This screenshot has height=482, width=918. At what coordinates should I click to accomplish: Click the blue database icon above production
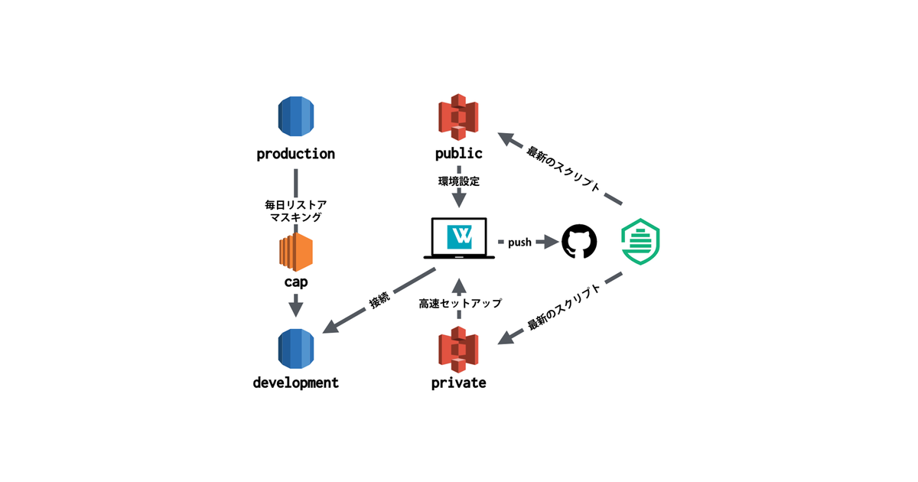(x=296, y=117)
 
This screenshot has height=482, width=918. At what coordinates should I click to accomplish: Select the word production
(x=296, y=154)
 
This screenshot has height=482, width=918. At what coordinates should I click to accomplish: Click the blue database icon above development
(x=296, y=349)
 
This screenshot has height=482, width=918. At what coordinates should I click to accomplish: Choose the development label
(x=296, y=383)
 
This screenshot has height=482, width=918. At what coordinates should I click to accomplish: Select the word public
(x=458, y=154)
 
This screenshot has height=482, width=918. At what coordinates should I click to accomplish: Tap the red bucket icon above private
(x=458, y=349)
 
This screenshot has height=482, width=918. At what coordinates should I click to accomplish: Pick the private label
(x=458, y=383)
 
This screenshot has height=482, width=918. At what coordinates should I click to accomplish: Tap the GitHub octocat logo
(x=579, y=242)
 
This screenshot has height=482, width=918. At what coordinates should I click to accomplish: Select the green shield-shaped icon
(x=640, y=242)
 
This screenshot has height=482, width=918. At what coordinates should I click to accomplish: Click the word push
(x=519, y=243)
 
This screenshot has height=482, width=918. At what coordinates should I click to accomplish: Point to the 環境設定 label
(x=458, y=182)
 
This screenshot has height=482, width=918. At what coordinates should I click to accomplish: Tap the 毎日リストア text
(x=296, y=204)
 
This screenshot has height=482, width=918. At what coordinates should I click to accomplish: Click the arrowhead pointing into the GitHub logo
(x=550, y=243)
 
